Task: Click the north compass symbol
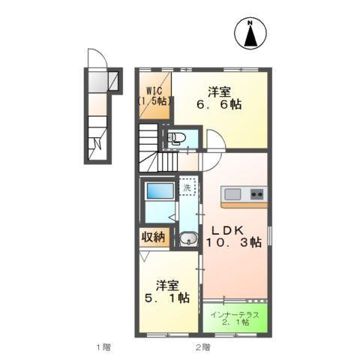252,34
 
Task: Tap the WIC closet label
153,94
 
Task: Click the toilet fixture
177,137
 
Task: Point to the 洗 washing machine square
187,188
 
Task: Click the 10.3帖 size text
234,243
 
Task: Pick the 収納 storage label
153,238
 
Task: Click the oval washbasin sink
187,240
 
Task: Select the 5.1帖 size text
168,299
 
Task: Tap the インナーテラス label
235,313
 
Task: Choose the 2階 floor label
203,347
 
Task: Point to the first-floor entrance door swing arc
95,58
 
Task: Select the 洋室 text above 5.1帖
168,285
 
